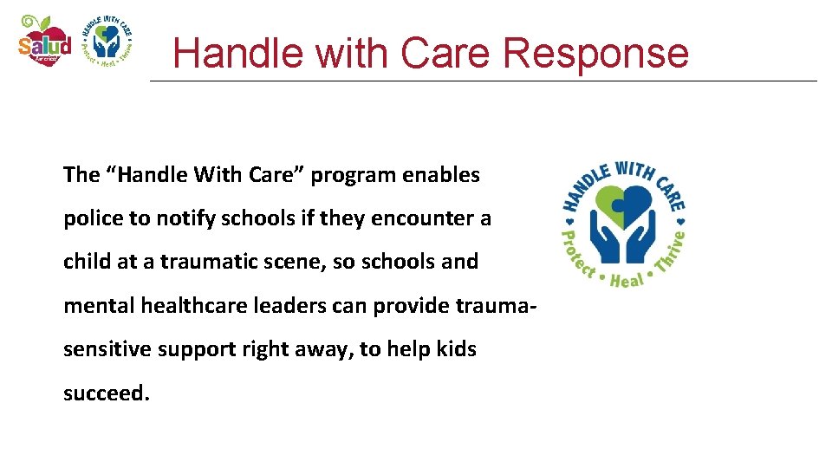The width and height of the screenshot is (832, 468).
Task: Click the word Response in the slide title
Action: [x=595, y=53]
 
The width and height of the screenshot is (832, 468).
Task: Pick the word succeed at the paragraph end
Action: [x=106, y=393]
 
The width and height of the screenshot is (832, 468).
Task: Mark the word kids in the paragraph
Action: [x=456, y=349]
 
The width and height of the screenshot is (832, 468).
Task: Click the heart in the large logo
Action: [x=623, y=201]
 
